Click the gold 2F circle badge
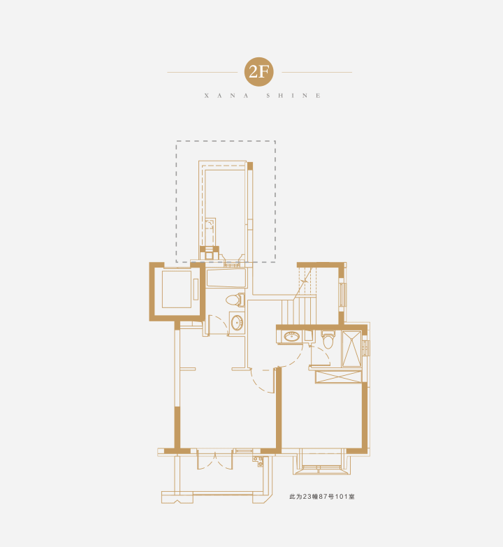pyautogui.click(x=258, y=72)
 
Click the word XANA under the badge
pyautogui.click(x=226, y=96)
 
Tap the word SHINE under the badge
pyautogui.click(x=293, y=96)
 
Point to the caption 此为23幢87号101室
pyautogui.click(x=321, y=497)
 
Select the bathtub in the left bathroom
pyautogui.click(x=226, y=277)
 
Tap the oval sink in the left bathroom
pyautogui.click(x=237, y=323)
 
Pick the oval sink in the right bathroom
pyautogui.click(x=291, y=336)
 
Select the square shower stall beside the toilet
pyautogui.click(x=351, y=349)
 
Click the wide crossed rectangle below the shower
pyautogui.click(x=338, y=377)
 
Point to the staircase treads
pyautogui.click(x=299, y=311)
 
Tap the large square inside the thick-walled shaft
pyautogui.click(x=177, y=289)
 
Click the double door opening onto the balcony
pyautogui.click(x=215, y=460)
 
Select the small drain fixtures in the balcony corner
pyautogui.click(x=258, y=461)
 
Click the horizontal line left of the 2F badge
pyautogui.click(x=203, y=72)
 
